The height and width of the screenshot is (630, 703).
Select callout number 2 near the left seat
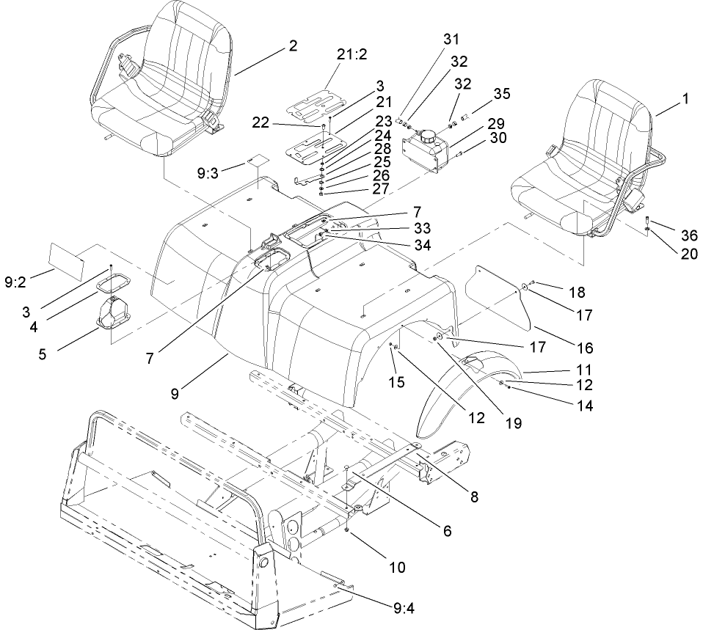coord(293,45)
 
